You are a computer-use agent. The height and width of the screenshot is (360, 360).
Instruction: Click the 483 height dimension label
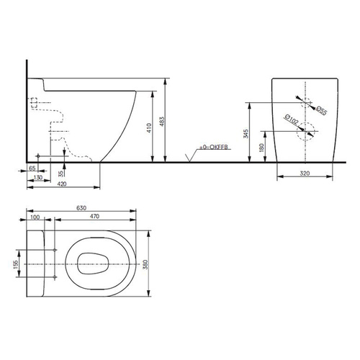click(162, 122)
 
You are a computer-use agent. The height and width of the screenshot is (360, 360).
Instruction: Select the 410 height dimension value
click(149, 128)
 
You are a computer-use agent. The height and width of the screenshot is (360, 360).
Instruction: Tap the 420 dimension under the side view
click(62, 184)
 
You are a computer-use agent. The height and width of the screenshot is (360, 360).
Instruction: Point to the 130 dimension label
click(38, 177)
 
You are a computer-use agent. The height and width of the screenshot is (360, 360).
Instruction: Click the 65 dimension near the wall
click(32, 168)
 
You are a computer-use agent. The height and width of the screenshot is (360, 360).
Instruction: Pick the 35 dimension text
click(61, 174)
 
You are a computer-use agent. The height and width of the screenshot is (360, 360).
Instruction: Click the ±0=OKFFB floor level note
click(214, 147)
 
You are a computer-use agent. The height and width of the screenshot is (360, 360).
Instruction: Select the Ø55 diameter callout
click(321, 110)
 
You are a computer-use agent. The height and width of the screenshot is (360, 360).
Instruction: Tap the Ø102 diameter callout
click(291, 120)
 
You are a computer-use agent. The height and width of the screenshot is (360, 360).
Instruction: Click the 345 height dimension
click(246, 134)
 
